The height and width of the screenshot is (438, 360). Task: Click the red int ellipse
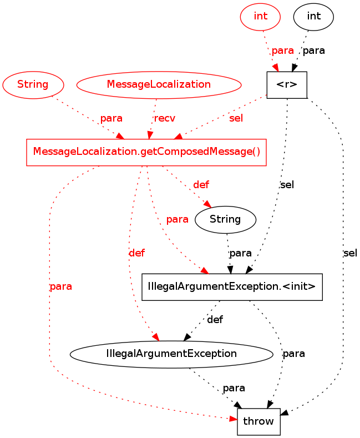pyautogui.click(x=260, y=16)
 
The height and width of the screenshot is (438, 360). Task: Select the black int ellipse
pyautogui.click(x=313, y=16)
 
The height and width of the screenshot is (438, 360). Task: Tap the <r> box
pyautogui.click(x=287, y=85)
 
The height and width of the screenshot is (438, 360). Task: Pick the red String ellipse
pyautogui.click(x=33, y=85)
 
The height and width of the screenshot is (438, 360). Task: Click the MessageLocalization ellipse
pyautogui.click(x=159, y=85)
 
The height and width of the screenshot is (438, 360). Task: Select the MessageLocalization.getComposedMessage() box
pyautogui.click(x=146, y=152)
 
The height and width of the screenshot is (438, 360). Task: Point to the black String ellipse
pyautogui.click(x=225, y=219)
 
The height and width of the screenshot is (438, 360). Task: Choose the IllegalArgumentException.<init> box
pyautogui.click(x=232, y=287)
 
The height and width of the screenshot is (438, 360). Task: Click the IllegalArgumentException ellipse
pyautogui.click(x=171, y=354)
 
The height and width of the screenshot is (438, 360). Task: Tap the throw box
pyautogui.click(x=258, y=421)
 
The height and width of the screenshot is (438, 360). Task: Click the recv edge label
pyautogui.click(x=165, y=118)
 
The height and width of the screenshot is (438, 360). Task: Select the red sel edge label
pyautogui.click(x=236, y=118)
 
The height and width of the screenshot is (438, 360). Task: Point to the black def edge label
pyautogui.click(x=215, y=320)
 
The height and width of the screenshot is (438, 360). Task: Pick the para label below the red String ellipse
pyautogui.click(x=111, y=118)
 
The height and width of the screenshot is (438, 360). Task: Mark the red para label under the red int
pyautogui.click(x=282, y=51)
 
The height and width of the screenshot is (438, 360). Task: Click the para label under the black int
pyautogui.click(x=314, y=51)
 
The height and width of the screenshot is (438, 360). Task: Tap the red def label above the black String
pyautogui.click(x=201, y=185)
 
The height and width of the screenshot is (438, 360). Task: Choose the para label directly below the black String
pyautogui.click(x=241, y=253)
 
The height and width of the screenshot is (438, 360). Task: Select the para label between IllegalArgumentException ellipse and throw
pyautogui.click(x=234, y=388)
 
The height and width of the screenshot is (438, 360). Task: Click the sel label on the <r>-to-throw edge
pyautogui.click(x=350, y=253)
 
